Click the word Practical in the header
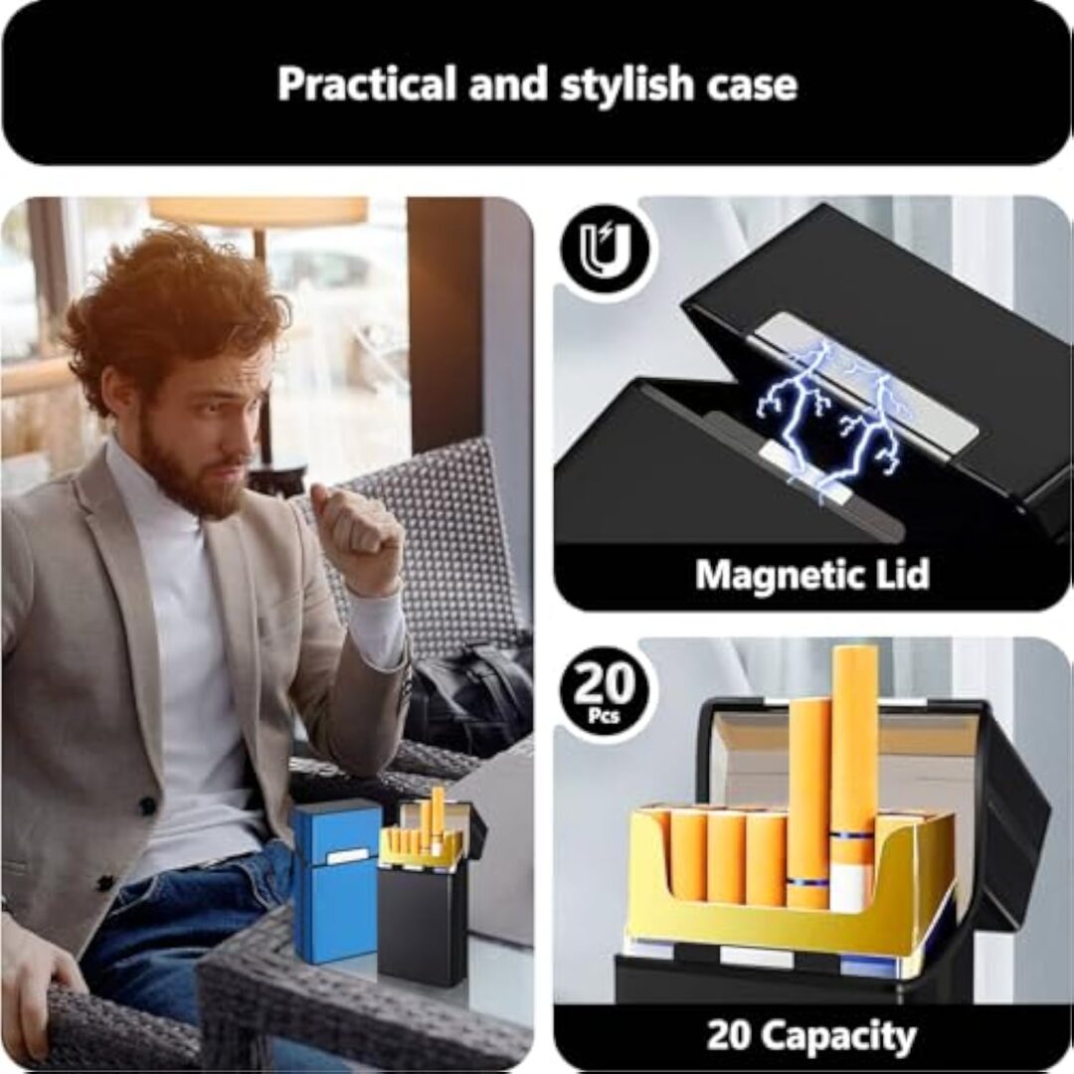(366, 84)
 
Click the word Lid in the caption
(900, 573)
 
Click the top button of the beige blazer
(147, 805)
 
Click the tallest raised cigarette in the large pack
(853, 778)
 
